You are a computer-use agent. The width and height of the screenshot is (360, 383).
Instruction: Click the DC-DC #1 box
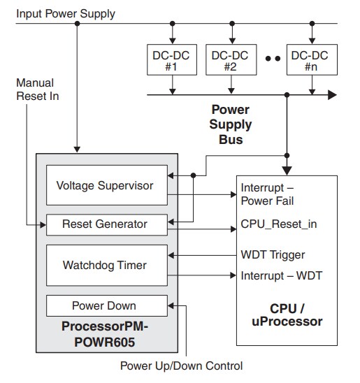coord(171,61)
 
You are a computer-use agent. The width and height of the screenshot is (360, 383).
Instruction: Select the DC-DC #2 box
coord(231,61)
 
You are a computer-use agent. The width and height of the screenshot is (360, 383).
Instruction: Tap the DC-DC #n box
coord(310,61)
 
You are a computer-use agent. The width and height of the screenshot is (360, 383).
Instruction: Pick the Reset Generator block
coord(106,224)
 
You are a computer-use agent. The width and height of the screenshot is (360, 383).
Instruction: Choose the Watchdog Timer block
coord(106,265)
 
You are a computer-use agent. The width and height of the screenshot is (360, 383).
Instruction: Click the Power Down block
coord(106,305)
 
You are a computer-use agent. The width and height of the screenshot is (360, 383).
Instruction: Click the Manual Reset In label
coord(37,89)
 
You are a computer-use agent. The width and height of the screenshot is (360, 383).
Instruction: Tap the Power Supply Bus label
coord(231,124)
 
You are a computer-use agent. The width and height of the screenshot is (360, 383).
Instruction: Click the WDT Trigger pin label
coord(273,254)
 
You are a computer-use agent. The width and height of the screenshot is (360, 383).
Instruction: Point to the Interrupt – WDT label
coord(281,275)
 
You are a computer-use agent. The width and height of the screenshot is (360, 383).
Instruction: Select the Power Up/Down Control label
coord(182,366)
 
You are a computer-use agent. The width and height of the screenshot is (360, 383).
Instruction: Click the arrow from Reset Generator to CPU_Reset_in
coord(203,229)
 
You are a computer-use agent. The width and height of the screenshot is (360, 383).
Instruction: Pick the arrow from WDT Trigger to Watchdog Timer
coord(203,254)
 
